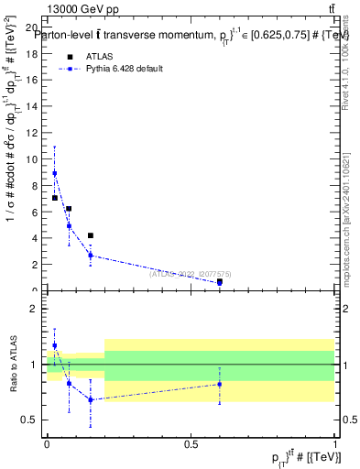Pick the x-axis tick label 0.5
click(x=191, y=443)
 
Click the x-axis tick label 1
click(x=334, y=443)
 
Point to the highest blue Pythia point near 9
click(x=54, y=173)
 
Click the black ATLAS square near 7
click(x=55, y=198)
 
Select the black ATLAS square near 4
click(x=90, y=235)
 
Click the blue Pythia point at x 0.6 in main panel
click(x=220, y=282)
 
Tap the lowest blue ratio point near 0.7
click(x=90, y=399)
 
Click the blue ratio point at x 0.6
click(x=220, y=384)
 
